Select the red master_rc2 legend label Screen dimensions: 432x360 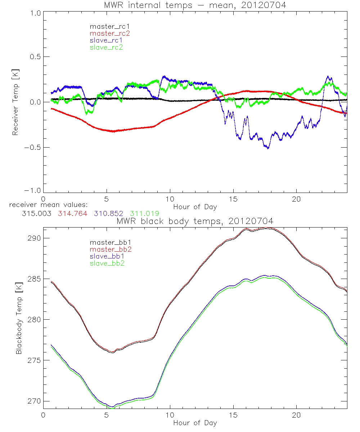click(x=109, y=33)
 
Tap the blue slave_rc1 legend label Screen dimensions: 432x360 click(x=106, y=40)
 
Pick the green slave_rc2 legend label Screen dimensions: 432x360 click(x=106, y=47)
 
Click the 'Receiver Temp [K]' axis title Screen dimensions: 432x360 click(x=15, y=102)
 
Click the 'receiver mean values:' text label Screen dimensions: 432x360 click(x=46, y=206)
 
